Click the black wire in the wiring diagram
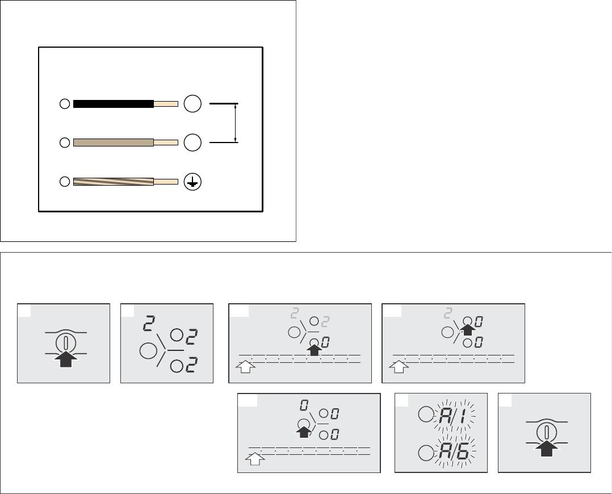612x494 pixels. (113, 104)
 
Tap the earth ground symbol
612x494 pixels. (192, 182)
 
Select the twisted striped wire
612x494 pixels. (113, 182)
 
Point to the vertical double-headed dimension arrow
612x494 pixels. (236, 123)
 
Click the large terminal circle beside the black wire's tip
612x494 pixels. (192, 104)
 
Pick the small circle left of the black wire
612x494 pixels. (65, 104)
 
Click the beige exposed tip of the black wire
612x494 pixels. (166, 104)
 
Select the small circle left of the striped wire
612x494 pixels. (65, 182)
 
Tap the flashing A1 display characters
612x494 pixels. (453, 417)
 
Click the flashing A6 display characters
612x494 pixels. (454, 453)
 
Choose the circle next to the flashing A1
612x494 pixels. (426, 414)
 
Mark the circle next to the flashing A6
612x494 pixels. (426, 453)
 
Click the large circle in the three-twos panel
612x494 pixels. (148, 351)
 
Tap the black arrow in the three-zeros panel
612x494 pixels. (304, 431)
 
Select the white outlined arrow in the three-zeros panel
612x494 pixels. (255, 459)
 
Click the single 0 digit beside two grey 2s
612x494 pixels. (325, 343)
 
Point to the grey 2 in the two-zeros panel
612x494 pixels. (448, 313)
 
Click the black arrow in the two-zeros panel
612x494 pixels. (468, 329)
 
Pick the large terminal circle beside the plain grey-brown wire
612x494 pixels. (192, 142)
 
